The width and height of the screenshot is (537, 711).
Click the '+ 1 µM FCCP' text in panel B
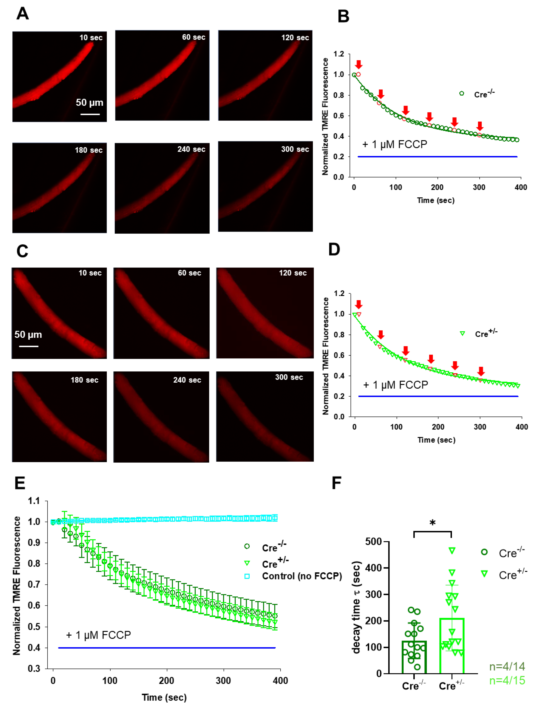[x=395, y=144]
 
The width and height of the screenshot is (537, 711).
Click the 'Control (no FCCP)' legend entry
[x=302, y=576]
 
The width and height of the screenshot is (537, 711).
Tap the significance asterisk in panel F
[x=432, y=523]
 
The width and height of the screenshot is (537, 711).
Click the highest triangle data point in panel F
[x=452, y=551]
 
